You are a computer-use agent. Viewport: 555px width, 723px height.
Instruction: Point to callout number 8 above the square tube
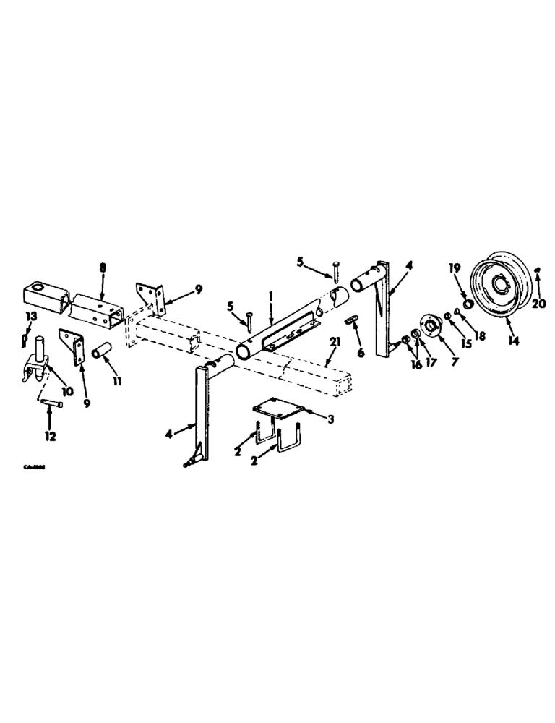(x=102, y=267)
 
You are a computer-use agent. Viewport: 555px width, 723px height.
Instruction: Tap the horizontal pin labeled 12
(x=49, y=403)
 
